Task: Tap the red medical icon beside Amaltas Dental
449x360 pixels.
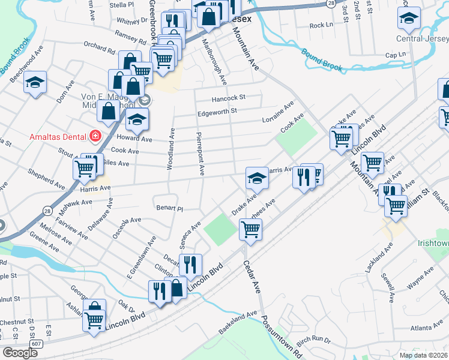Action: pos(95,136)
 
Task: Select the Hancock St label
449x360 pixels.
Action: pos(229,97)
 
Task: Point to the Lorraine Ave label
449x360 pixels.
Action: pos(278,112)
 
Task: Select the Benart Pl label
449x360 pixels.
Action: pos(169,208)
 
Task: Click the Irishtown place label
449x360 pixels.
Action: pos(433,244)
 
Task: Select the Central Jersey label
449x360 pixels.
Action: pos(422,39)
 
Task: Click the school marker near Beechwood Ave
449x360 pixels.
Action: pos(35,82)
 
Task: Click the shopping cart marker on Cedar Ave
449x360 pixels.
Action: pos(250,228)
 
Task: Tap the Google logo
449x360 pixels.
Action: pos(20,353)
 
